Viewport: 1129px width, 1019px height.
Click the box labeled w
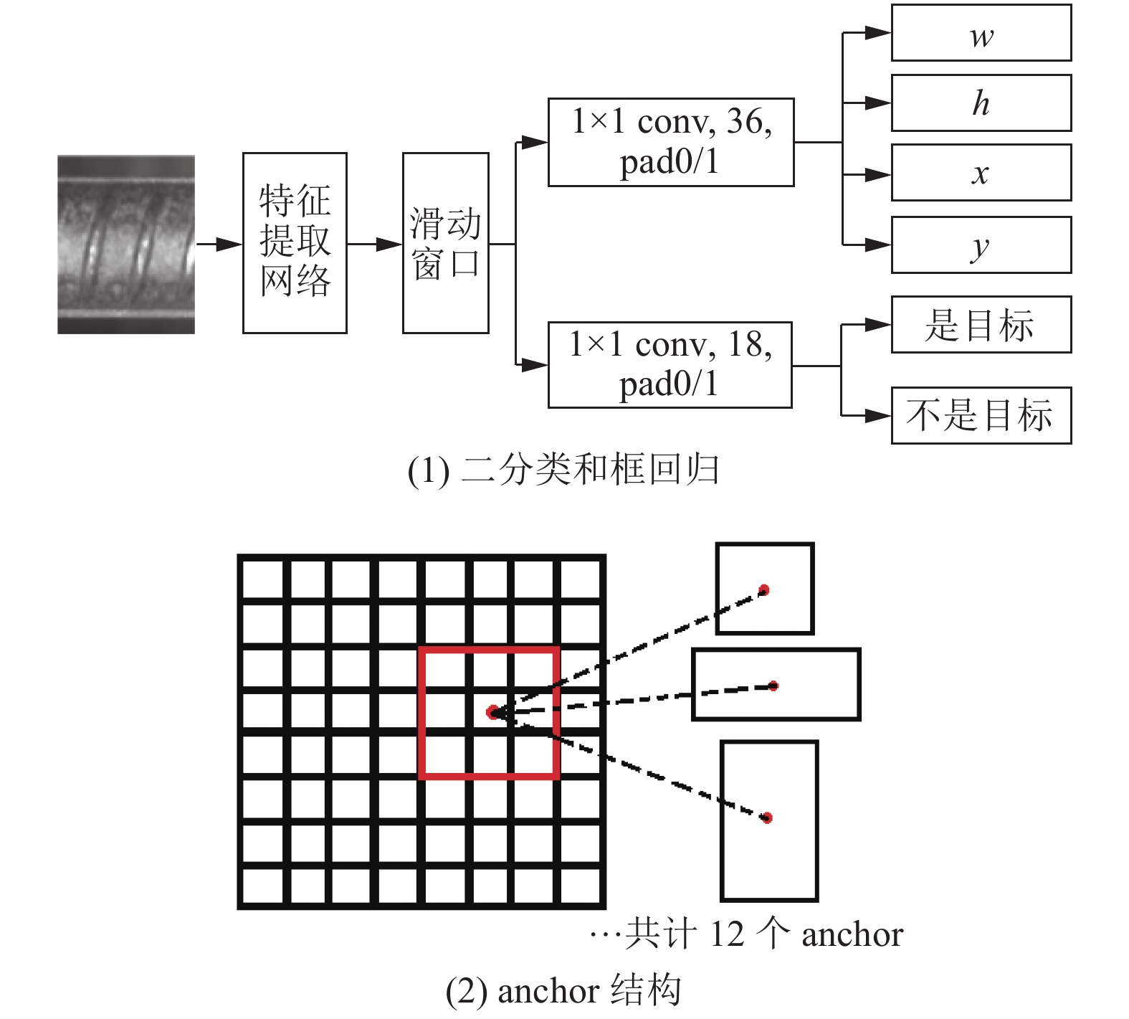point(981,33)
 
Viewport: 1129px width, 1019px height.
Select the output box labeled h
point(981,103)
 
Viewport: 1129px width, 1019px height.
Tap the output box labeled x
point(981,173)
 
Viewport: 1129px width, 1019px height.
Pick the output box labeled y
point(981,245)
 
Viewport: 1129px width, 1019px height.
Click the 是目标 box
point(981,325)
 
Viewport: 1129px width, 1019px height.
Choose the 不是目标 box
point(981,416)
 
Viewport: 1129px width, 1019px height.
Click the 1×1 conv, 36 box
point(671,143)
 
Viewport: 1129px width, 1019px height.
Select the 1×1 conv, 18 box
point(670,365)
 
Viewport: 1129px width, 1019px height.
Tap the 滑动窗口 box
point(446,243)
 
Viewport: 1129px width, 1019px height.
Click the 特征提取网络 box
point(295,243)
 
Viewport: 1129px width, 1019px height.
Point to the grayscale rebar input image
point(126,245)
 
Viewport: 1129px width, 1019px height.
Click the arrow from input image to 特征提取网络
point(219,245)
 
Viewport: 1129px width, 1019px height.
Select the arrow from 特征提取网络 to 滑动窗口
point(375,245)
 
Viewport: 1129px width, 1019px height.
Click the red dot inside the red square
point(492,712)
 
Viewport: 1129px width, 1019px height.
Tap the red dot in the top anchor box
point(764,590)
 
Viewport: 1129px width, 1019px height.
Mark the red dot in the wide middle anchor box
point(773,686)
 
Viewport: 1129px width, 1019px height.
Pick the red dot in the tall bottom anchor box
point(767,817)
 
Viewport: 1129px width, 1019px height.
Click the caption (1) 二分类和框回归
point(563,470)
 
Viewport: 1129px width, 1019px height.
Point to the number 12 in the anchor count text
point(727,934)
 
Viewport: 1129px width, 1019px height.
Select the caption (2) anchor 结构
point(563,991)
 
